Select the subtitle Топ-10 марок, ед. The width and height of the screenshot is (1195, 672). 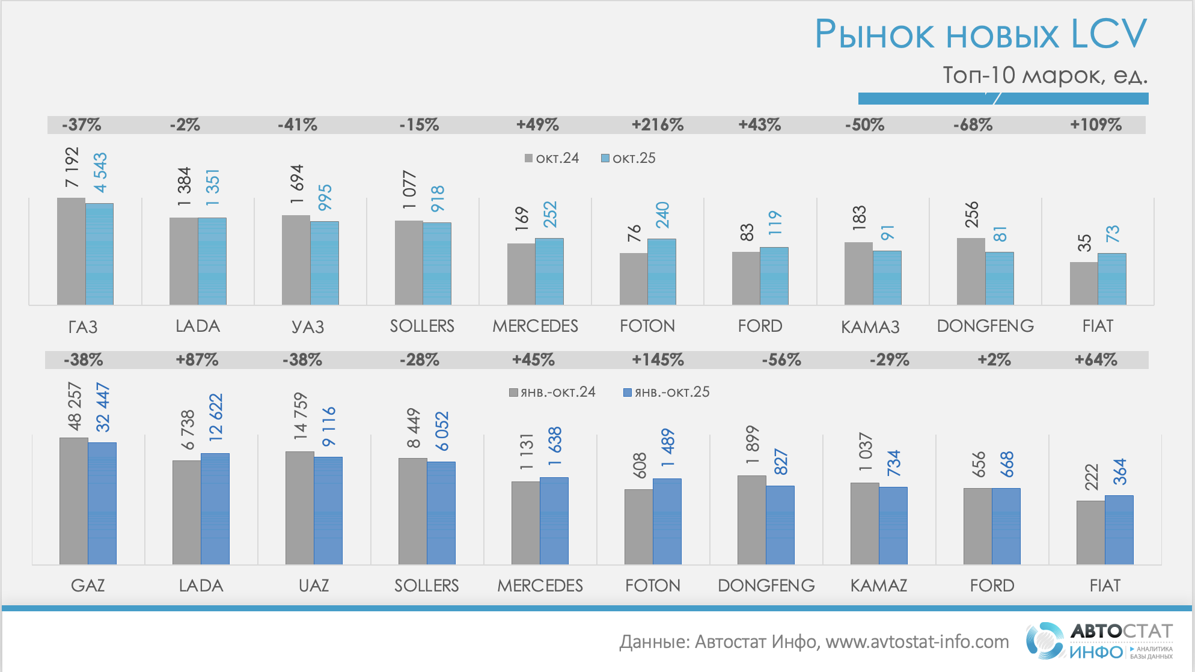[1045, 75]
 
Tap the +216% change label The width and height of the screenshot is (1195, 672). [657, 125]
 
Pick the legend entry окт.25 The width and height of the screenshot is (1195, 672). [629, 158]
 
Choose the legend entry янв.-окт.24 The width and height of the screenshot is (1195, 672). [552, 393]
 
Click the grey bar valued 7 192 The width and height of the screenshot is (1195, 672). [71, 251]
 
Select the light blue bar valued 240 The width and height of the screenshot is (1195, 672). [661, 272]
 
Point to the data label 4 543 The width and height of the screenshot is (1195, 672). [100, 173]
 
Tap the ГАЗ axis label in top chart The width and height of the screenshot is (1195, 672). [83, 326]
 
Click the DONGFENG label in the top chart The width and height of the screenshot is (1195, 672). [985, 326]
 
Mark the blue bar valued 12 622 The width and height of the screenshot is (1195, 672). [215, 509]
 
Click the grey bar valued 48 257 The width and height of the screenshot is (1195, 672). [73, 501]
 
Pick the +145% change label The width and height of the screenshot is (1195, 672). [658, 360]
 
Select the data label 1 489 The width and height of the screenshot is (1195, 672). [668, 448]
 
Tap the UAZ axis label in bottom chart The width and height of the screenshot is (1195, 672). [314, 585]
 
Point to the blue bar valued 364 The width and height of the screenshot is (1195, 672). [1119, 530]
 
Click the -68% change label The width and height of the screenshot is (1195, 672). [973, 125]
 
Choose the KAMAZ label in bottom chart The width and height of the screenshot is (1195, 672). [879, 585]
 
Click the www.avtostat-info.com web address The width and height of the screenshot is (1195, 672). [917, 642]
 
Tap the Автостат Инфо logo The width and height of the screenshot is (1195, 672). [1099, 641]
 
